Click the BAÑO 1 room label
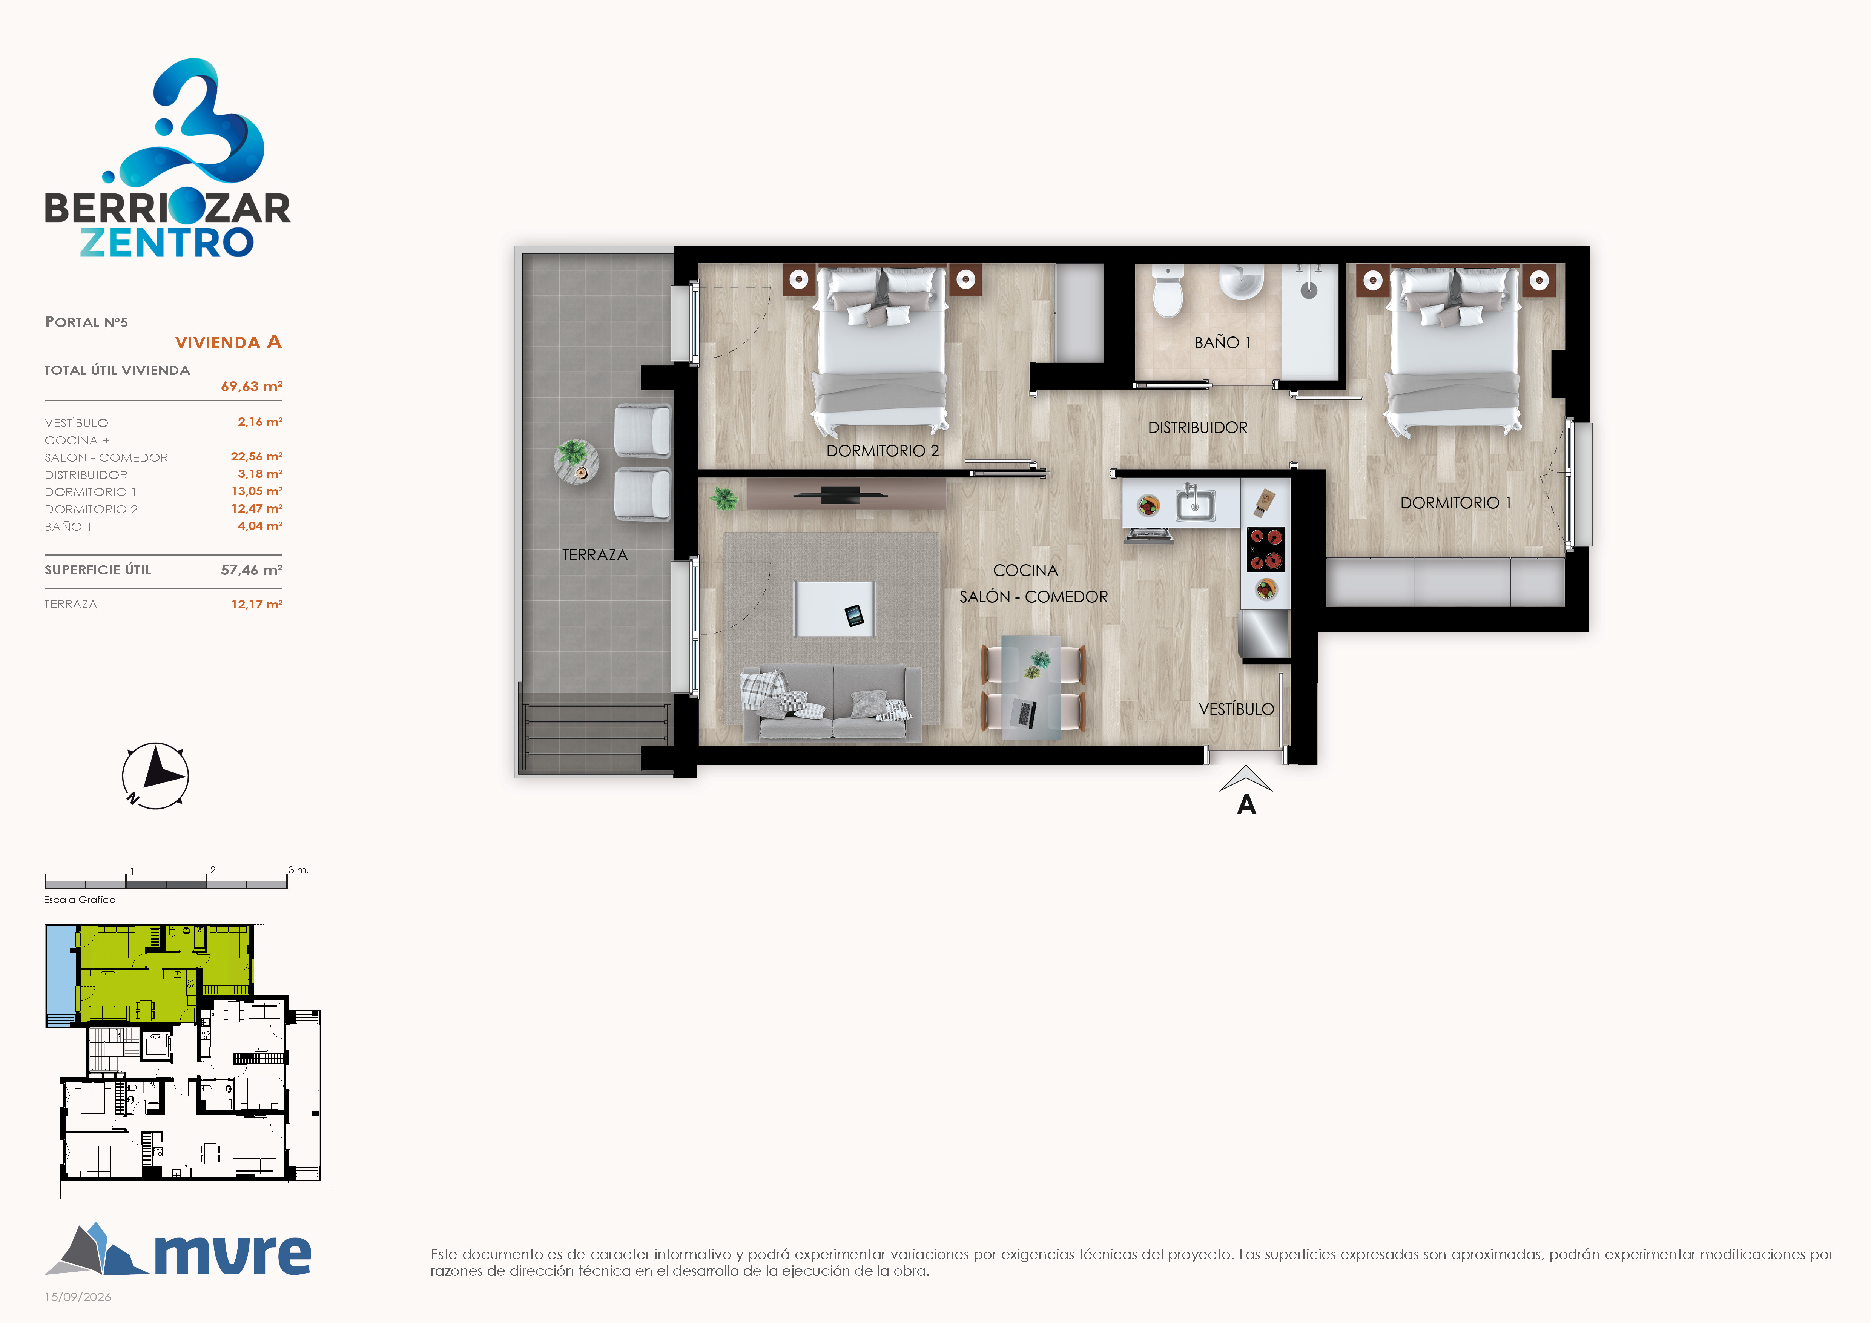click(x=1222, y=342)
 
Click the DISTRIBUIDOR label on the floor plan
click(x=1197, y=428)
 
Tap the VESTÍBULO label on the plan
click(x=1236, y=709)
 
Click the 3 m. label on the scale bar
click(x=298, y=870)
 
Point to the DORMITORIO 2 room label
click(x=883, y=451)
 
